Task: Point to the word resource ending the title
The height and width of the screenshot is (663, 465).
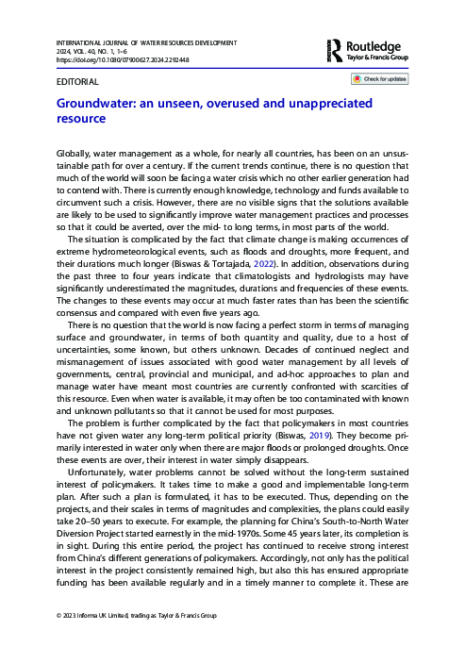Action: [x=82, y=121]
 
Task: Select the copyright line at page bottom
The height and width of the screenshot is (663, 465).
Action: [x=137, y=642]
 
